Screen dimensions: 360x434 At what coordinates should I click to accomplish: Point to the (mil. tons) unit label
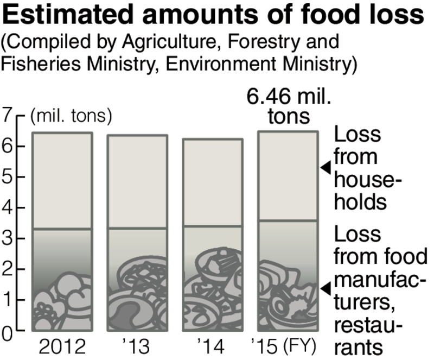[x=71, y=116]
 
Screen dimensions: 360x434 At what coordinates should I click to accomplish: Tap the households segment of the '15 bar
[x=286, y=176]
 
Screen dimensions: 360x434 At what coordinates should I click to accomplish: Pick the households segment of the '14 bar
[x=212, y=182]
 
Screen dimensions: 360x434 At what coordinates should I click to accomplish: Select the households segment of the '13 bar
[x=137, y=182]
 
